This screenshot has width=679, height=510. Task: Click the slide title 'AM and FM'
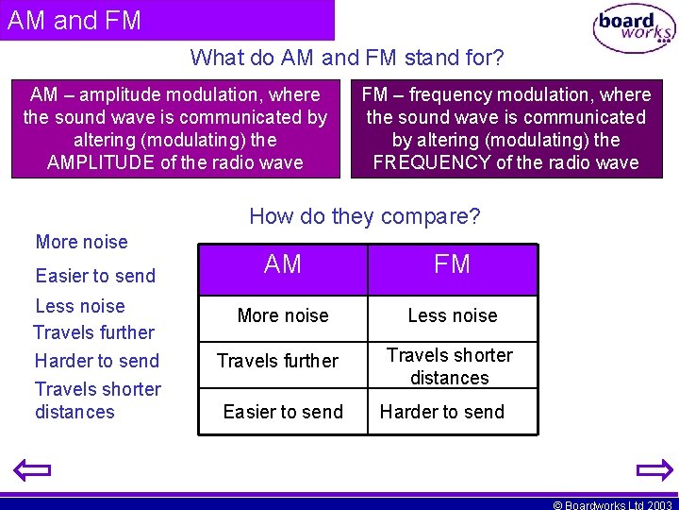[x=75, y=21]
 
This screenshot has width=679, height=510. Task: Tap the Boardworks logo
[x=634, y=29]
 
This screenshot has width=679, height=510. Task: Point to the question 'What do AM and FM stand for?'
[x=347, y=58]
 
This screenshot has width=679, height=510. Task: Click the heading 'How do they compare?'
[x=364, y=216]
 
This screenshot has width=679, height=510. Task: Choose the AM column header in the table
[x=283, y=265]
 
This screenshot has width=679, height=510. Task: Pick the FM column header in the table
[x=452, y=265]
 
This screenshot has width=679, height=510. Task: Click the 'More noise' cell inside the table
[x=283, y=315]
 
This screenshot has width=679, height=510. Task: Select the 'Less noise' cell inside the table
[x=452, y=315]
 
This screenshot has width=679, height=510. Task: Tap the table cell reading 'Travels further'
[x=277, y=361]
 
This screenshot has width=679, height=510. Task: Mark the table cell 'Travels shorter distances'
[x=450, y=366]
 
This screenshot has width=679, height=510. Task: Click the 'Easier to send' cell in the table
[x=283, y=412]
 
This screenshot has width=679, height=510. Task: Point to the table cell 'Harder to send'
[x=441, y=412]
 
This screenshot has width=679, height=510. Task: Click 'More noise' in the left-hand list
[x=81, y=242]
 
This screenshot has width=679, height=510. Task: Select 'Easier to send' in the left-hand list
[x=95, y=276]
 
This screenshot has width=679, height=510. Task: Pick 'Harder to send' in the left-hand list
[x=97, y=361]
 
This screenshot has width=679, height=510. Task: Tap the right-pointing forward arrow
[x=654, y=469]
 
